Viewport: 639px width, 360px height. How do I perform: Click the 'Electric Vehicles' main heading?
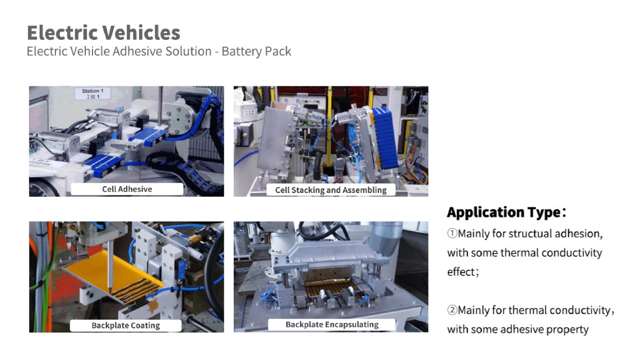(104, 33)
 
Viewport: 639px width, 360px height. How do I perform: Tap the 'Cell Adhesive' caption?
(127, 189)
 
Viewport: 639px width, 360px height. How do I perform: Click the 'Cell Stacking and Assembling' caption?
(331, 190)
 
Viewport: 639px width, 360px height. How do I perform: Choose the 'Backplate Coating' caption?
(126, 325)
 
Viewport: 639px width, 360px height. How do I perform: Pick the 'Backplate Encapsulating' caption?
(332, 325)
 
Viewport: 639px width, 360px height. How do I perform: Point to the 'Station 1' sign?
(92, 93)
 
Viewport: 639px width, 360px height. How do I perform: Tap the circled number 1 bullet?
(452, 233)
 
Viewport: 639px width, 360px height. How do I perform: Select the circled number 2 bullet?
(452, 310)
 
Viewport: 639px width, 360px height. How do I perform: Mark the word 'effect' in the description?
(461, 271)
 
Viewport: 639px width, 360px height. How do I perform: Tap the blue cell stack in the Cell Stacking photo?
(385, 138)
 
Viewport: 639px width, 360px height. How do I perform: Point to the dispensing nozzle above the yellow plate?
(110, 267)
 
